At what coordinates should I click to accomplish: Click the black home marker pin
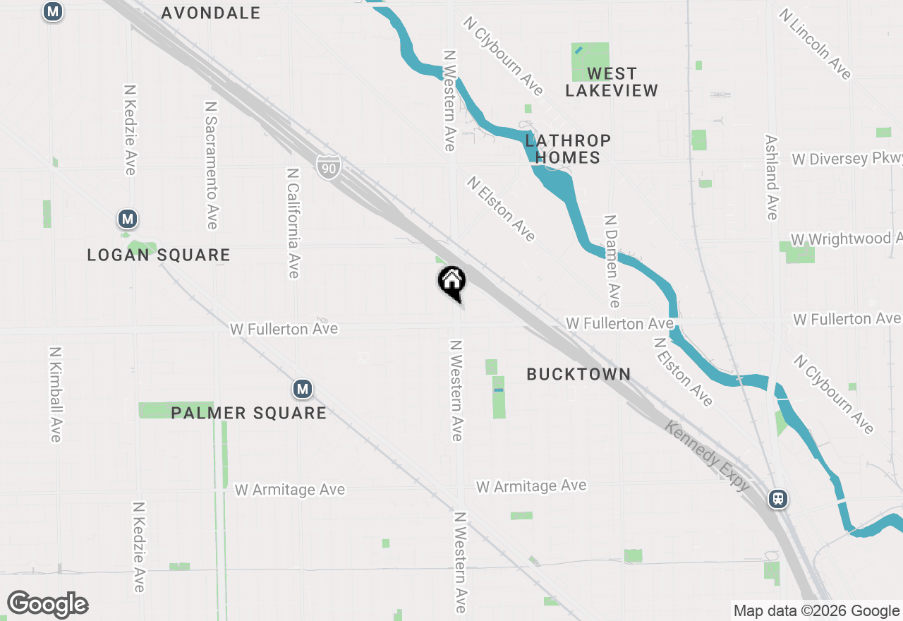coord(452,282)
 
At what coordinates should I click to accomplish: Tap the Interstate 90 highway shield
coord(329,167)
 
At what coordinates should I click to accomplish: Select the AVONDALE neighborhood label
coord(210,13)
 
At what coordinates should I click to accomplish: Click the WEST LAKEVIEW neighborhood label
coord(611,82)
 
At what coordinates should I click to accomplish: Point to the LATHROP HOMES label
coord(567,149)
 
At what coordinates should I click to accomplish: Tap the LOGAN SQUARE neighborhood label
coord(159,255)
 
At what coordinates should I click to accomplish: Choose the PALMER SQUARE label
coord(248,413)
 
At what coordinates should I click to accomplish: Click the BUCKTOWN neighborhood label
coord(578,374)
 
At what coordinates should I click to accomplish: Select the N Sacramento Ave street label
coord(210,164)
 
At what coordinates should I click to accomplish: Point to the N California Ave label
coord(293,222)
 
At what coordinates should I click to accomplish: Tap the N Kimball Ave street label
coord(56,394)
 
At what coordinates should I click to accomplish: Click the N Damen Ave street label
coord(612,261)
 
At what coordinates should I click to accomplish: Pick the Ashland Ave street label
coord(772,177)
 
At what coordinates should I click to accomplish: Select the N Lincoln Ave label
coord(816,44)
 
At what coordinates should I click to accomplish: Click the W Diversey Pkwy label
coord(846,158)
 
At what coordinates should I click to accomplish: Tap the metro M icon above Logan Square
coord(127,219)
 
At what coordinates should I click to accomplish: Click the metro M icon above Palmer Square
coord(303,389)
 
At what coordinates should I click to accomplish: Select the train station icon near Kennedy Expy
coord(778,499)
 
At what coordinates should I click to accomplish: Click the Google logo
coord(47,604)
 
